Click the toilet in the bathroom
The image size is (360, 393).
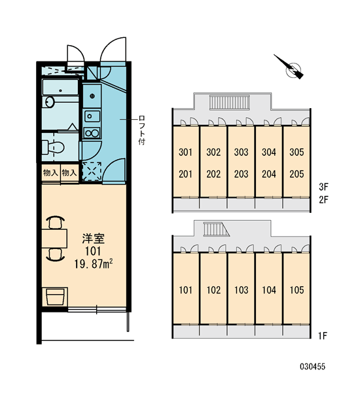coord(52,147)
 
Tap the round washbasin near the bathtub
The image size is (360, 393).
coord(50,102)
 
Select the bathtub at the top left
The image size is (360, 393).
coord(60,87)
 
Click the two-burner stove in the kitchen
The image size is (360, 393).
coord(92,133)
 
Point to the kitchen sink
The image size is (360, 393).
coord(92,116)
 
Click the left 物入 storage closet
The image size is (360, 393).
coord(50,173)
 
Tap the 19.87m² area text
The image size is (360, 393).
coord(93,264)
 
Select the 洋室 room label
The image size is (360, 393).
coord(93,238)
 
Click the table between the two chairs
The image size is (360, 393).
coord(54,238)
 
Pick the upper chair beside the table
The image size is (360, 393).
coord(56,223)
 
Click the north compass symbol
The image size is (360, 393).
coord(292,68)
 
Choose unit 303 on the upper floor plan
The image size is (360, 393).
coord(241,152)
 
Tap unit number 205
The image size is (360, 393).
coord(297,174)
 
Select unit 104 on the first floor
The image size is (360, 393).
coord(269,290)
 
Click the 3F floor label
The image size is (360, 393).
coord(323,187)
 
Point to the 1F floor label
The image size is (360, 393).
coord(323,336)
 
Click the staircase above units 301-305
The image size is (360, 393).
coord(230,102)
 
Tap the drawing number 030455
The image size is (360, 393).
coord(312,367)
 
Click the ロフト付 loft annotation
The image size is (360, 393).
coord(142,130)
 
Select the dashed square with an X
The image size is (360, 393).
coord(92,171)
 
